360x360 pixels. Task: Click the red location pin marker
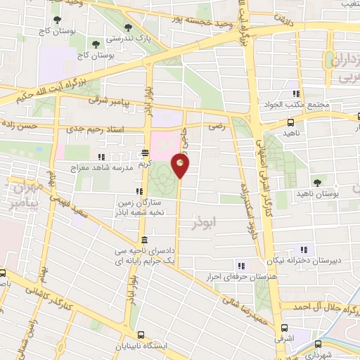181,167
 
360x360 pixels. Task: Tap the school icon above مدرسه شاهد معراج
103,157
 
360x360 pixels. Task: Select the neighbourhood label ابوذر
205,224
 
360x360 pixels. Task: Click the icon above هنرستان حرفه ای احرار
241,265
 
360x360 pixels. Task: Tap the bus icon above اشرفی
285,328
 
